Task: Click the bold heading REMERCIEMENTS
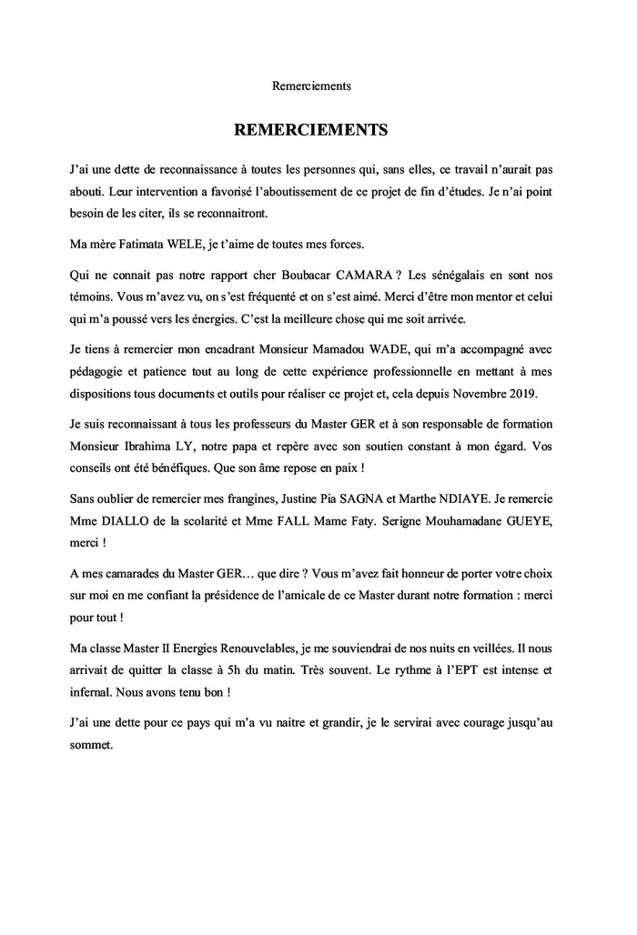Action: point(311,129)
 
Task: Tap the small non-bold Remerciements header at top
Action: point(311,86)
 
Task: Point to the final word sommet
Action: point(93,746)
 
